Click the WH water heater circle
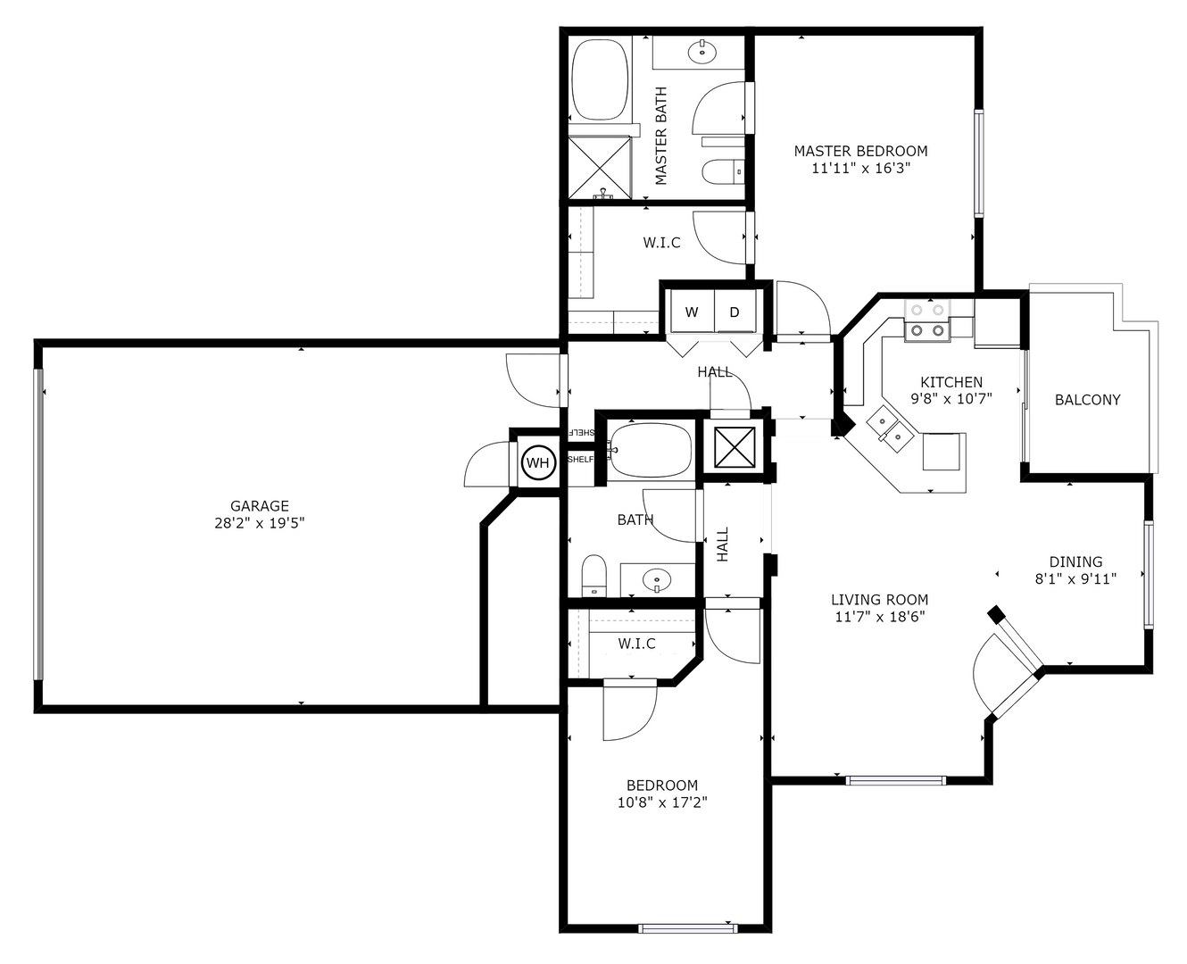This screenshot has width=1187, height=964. tap(538, 462)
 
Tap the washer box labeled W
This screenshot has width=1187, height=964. tap(692, 312)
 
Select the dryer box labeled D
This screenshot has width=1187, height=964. tap(735, 312)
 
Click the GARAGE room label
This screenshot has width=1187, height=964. tap(259, 506)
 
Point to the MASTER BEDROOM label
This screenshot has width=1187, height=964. tap(860, 151)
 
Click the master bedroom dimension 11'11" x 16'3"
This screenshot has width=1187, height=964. tap(860, 167)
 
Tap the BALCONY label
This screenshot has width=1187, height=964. tap(1087, 400)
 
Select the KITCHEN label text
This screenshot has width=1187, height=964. tap(951, 382)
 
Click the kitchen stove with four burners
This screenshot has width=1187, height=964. tap(927, 321)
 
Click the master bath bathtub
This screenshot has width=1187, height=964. tap(600, 79)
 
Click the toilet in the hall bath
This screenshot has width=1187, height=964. tap(593, 576)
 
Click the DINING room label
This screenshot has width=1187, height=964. tap(1075, 561)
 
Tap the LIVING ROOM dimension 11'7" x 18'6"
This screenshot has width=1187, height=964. tap(879, 616)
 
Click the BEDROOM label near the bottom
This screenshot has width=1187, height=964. tap(661, 785)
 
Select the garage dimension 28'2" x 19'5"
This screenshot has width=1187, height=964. tap(259, 523)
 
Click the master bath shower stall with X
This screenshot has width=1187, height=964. tap(600, 167)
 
